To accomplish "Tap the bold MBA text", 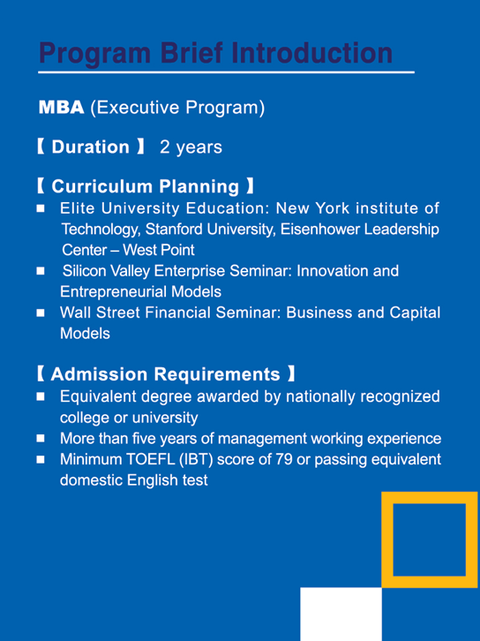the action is [61, 108].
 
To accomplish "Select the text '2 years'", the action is [191, 147].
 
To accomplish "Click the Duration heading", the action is [90, 147].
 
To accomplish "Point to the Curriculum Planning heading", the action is [145, 186].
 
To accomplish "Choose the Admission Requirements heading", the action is [166, 374].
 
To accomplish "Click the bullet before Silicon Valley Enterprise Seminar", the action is [41, 271].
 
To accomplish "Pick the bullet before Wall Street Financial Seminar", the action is [41, 313].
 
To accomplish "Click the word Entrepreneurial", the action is [114, 292].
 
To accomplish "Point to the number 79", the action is [284, 459].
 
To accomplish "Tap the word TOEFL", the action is [150, 459].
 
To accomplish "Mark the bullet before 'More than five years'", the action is [41, 439].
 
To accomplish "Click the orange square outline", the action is [386, 539].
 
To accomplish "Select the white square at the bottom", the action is [341, 614].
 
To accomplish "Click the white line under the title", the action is [226, 72].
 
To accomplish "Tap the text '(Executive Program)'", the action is [177, 108].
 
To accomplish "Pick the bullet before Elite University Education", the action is [41, 208].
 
